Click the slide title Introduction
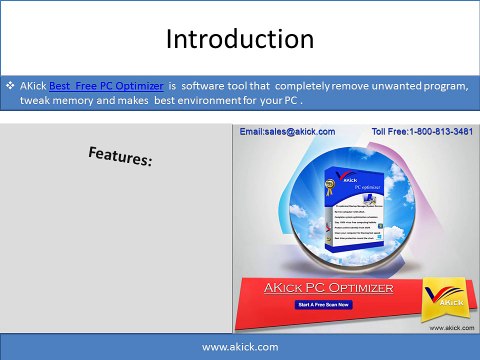coord(239,40)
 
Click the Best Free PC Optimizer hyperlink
coord(106,87)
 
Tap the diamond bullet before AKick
coord(10,87)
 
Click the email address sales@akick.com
coord(285,132)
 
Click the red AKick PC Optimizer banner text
coord(328,287)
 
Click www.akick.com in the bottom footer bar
coord(240,346)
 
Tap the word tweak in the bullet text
coord(36,101)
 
